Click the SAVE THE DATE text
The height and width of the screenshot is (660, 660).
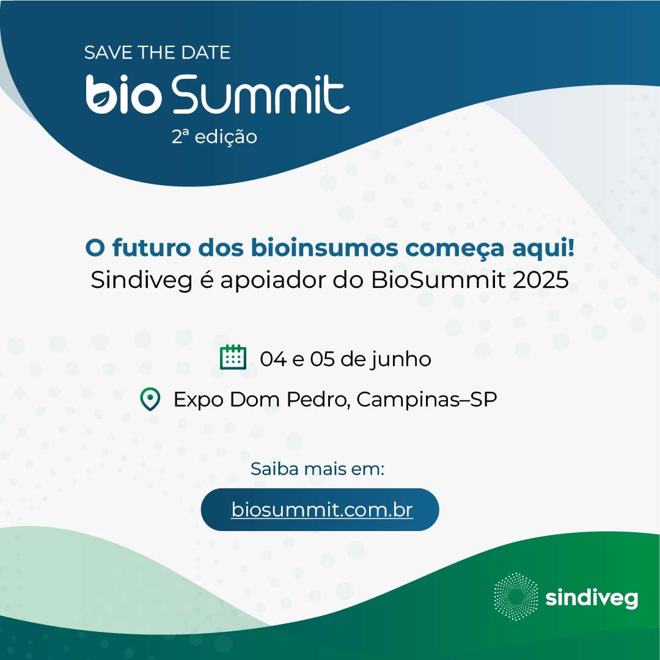[x=157, y=53]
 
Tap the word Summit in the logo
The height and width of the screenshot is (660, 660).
[x=260, y=94]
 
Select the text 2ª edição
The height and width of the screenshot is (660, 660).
[x=215, y=137]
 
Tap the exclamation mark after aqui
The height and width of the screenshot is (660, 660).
[x=571, y=247]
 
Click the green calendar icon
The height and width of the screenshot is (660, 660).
[x=233, y=357]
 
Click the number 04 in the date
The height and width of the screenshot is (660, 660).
[x=274, y=359]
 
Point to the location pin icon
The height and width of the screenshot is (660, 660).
[x=150, y=398]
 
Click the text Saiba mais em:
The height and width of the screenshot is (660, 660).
[x=317, y=469]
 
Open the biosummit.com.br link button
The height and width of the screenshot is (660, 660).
[x=320, y=509]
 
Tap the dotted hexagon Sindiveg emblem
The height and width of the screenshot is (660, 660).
[x=516, y=596]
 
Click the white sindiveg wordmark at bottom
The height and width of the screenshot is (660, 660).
[x=592, y=598]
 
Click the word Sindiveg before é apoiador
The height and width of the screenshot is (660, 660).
[x=141, y=280]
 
